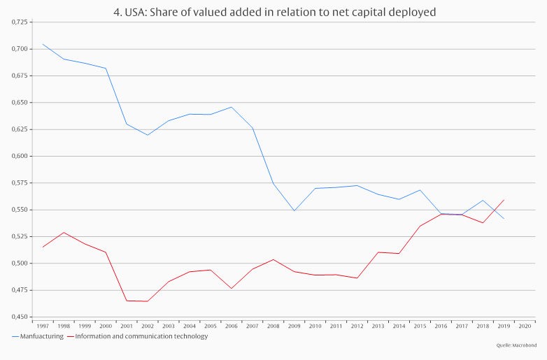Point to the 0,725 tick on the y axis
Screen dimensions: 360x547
pos(20,22)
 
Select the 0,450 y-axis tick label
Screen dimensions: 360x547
pos(20,317)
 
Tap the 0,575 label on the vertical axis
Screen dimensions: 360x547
pos(20,183)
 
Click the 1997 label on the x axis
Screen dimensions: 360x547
pos(43,326)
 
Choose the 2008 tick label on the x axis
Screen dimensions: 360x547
pos(273,326)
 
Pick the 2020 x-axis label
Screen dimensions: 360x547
pos(524,326)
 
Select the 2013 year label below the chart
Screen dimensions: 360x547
pos(378,326)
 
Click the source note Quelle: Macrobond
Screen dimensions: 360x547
pos(516,346)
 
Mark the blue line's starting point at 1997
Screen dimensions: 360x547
pos(43,44)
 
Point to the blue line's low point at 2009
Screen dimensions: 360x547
pos(294,210)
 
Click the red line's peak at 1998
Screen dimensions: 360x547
pos(64,232)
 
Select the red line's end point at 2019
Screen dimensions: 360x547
pos(504,200)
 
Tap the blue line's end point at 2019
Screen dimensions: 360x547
pos(504,219)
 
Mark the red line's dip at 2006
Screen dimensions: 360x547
pos(231,289)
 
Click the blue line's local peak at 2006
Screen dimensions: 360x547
pos(232,107)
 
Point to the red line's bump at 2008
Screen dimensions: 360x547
pos(273,259)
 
